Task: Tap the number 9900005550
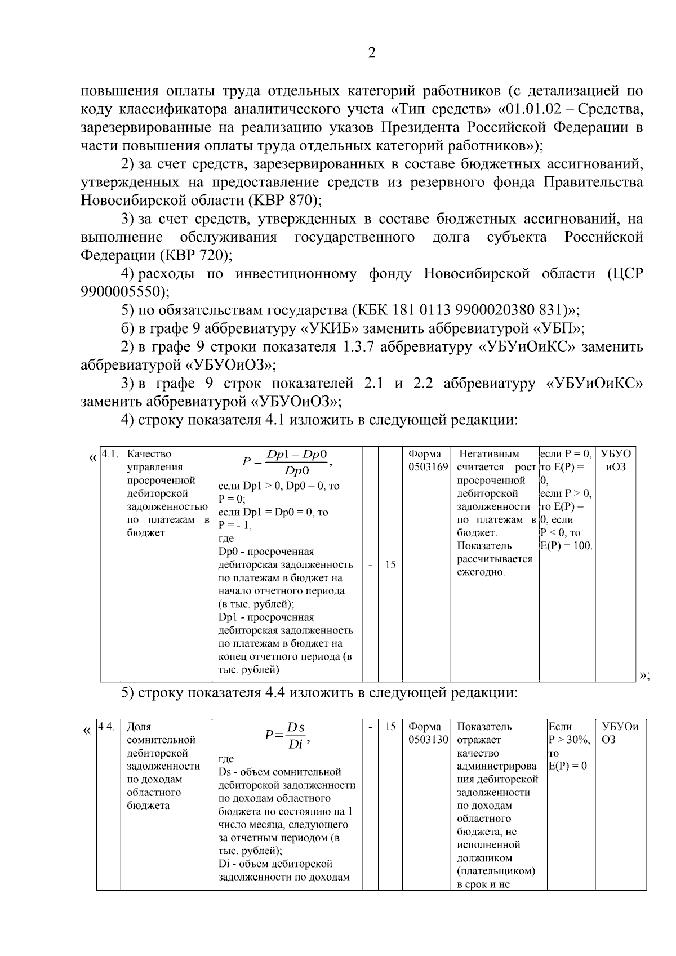(x=122, y=292)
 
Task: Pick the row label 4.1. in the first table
(x=110, y=454)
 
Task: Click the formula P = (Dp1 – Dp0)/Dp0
(x=287, y=462)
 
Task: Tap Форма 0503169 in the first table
(x=426, y=460)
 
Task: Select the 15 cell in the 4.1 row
(x=390, y=564)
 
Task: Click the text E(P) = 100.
(x=566, y=546)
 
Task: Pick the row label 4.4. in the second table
(x=107, y=727)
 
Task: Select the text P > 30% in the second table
(x=568, y=740)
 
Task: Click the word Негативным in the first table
(x=489, y=454)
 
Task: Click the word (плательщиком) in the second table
(x=496, y=871)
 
